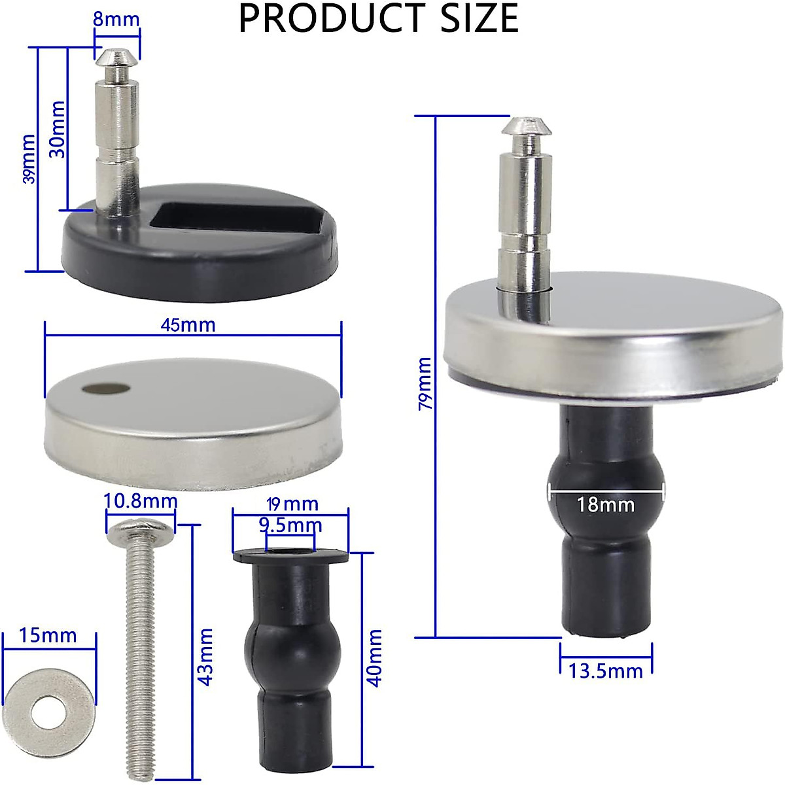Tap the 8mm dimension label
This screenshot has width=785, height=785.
tap(116, 19)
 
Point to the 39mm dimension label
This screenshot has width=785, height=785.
tap(29, 159)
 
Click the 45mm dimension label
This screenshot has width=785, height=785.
tap(188, 324)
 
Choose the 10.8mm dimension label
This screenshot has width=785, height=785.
tap(141, 501)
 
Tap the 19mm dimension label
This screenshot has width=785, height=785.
tap(292, 504)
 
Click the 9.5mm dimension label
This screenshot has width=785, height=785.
tap(290, 525)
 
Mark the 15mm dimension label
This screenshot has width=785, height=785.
tap(48, 635)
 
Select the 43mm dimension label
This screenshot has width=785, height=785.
tap(205, 656)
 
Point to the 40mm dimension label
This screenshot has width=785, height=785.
tap(375, 657)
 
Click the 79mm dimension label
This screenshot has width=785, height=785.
tap(425, 383)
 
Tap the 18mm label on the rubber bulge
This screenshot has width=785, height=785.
tap(606, 504)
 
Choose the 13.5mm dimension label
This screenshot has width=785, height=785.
tap(606, 671)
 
